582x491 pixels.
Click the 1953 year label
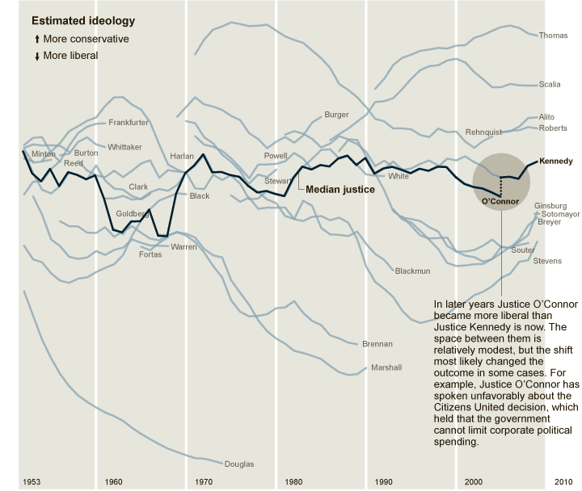pos(32,482)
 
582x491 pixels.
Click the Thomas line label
pos(553,36)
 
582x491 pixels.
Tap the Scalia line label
pos(550,84)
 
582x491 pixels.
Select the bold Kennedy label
pos(555,162)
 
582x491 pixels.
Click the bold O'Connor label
pos(499,201)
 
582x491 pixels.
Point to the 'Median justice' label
pos(339,190)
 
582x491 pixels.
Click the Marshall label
pos(386,367)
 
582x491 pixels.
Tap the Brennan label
pos(377,344)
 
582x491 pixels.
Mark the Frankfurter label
pos(129,123)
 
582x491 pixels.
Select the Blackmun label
pos(413,271)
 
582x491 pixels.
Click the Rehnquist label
pos(484,132)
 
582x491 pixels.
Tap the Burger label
pos(336,115)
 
